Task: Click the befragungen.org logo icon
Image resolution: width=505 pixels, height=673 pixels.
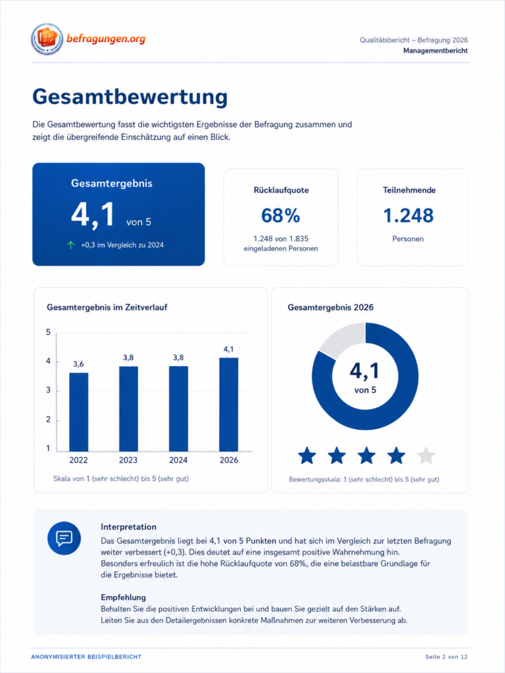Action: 47,39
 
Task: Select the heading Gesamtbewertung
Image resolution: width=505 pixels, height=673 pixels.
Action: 130,97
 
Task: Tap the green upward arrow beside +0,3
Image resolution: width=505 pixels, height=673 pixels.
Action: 71,245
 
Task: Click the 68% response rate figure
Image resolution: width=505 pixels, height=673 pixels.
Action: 280,216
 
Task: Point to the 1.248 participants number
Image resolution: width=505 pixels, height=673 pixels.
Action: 408,216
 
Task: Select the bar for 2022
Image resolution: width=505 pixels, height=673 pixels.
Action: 79,412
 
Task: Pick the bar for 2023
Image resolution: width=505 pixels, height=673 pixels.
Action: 128,409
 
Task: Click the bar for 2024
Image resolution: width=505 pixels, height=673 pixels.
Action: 178,409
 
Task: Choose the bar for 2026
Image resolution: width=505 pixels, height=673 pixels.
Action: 228,405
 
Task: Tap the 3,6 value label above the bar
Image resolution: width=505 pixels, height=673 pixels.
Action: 79,364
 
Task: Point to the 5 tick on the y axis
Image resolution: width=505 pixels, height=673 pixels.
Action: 48,332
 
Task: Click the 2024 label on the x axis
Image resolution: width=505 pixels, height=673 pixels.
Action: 178,460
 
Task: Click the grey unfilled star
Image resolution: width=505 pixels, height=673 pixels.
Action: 426,456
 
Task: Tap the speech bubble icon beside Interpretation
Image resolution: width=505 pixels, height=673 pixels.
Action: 64,538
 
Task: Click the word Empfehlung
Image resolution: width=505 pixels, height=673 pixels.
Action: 123,597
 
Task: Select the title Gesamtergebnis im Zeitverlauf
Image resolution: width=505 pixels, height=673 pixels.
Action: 107,308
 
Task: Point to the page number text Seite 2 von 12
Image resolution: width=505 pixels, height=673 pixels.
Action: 446,657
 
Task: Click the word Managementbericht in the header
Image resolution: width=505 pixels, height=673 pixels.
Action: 435,51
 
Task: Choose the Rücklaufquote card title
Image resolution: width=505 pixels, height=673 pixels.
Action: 281,190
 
